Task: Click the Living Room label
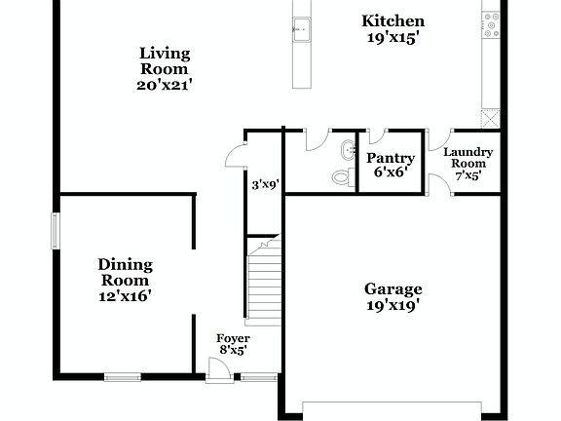click(164, 60)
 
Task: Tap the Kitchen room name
click(393, 20)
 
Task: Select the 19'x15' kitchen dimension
click(393, 39)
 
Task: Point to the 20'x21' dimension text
click(164, 85)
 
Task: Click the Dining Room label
click(125, 272)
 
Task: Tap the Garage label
click(393, 288)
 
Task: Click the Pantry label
click(391, 158)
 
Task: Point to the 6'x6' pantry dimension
click(391, 172)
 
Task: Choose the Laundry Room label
click(468, 158)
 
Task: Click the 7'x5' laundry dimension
click(468, 176)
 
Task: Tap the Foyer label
click(233, 338)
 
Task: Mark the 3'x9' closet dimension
click(266, 183)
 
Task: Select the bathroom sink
click(348, 150)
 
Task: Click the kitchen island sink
click(301, 30)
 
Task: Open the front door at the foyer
click(217, 370)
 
